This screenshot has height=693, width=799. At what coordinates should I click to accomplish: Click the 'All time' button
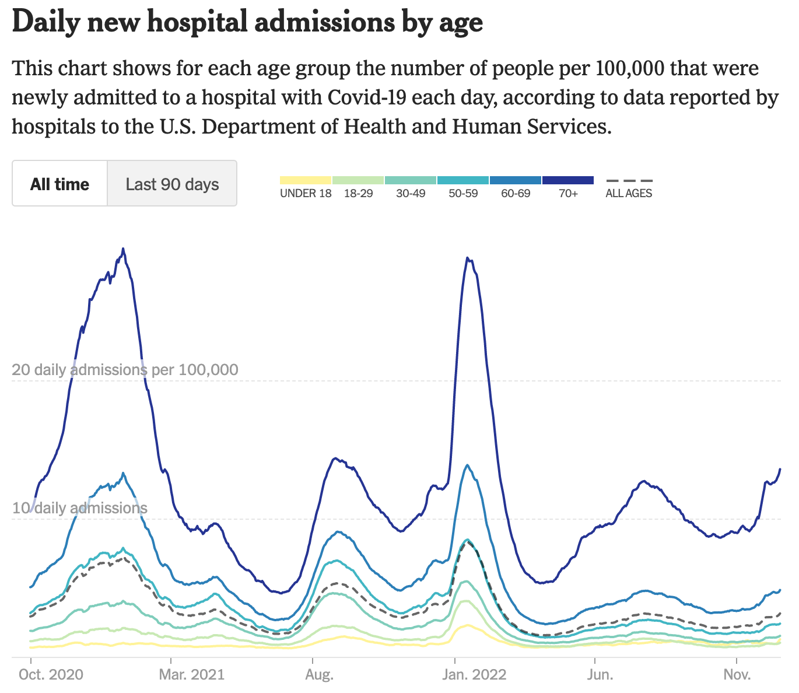coord(59,184)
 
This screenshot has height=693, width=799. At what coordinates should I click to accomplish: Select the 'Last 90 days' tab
coord(172,184)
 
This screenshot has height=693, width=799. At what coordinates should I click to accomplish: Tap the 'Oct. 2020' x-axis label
coord(51,675)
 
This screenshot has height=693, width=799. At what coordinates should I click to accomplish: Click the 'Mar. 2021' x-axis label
coord(191,675)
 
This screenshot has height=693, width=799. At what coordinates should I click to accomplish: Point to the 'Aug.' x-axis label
coord(319,675)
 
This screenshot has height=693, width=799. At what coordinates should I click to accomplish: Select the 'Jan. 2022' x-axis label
coord(474,675)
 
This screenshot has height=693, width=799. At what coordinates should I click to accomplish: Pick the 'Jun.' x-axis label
coord(600,675)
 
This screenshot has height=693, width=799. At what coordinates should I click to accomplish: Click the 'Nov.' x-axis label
coord(737,675)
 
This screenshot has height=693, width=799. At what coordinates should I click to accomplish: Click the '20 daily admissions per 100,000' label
coord(125,370)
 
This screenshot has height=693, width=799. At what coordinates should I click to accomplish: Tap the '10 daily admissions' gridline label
coord(79,508)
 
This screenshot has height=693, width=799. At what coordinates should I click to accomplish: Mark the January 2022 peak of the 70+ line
coord(467,258)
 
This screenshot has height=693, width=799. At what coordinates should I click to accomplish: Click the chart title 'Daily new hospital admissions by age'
coord(247,22)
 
